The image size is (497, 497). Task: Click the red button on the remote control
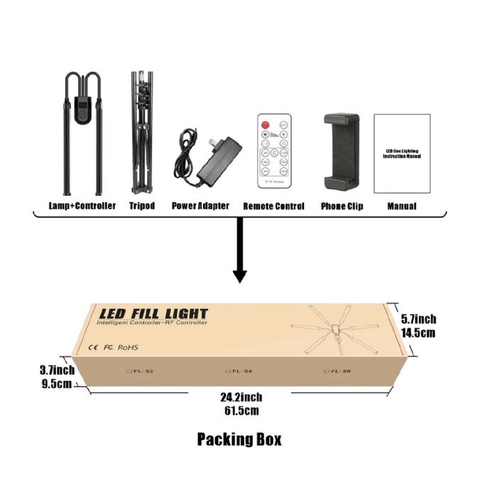pos(266,126)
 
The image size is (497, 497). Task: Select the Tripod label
pos(142,206)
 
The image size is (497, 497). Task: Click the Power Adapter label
pos(201,206)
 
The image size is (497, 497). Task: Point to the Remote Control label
pos(273,206)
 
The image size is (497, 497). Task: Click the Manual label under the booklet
pos(401,206)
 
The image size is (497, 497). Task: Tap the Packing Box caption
pos(239,439)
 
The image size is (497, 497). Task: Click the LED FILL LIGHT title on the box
pos(153,313)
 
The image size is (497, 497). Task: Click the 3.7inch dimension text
pos(57,370)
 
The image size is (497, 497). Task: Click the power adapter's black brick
pos(219,161)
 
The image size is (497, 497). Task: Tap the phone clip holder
pos(342,151)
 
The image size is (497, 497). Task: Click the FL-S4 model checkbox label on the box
pos(239,370)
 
